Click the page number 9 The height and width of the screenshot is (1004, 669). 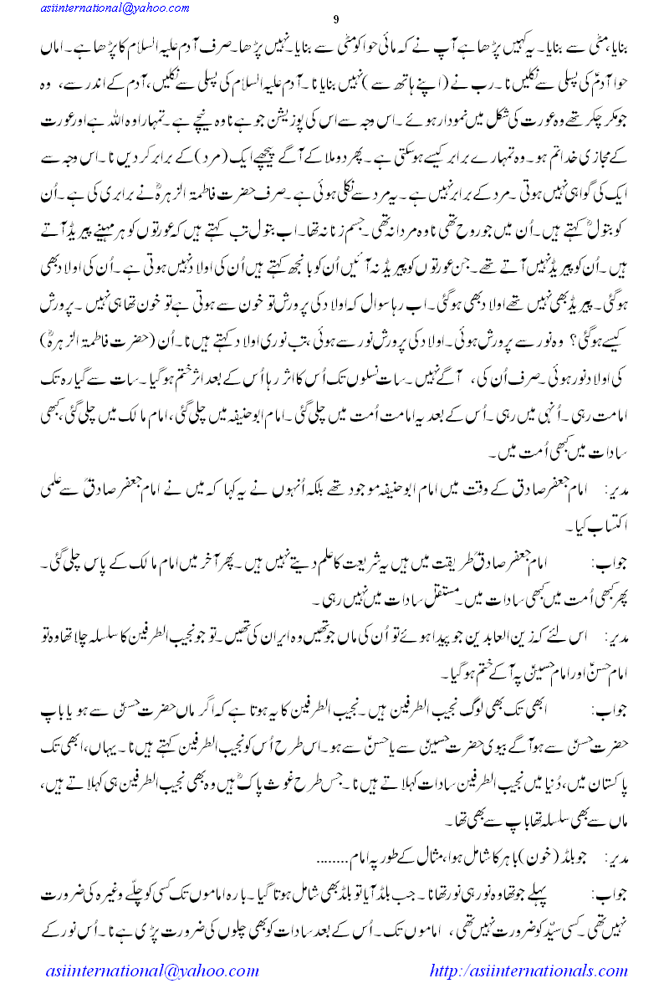point(334,20)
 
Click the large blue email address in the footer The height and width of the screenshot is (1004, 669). point(151,971)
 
